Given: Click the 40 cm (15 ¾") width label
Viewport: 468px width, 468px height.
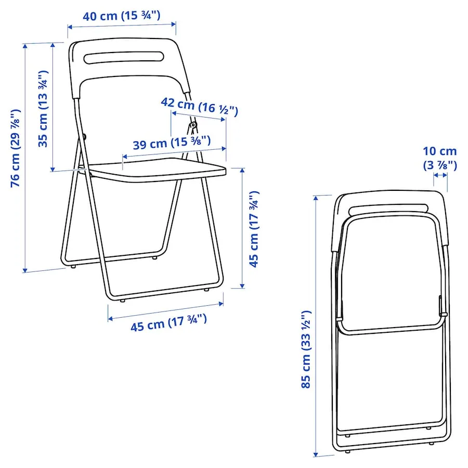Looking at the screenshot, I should pos(121,16).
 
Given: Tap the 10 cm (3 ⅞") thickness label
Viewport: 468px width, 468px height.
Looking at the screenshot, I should pos(439,158).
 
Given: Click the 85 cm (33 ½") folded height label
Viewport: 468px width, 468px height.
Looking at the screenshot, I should pos(306,349).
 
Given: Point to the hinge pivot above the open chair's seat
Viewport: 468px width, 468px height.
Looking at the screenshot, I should pos(192,125).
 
